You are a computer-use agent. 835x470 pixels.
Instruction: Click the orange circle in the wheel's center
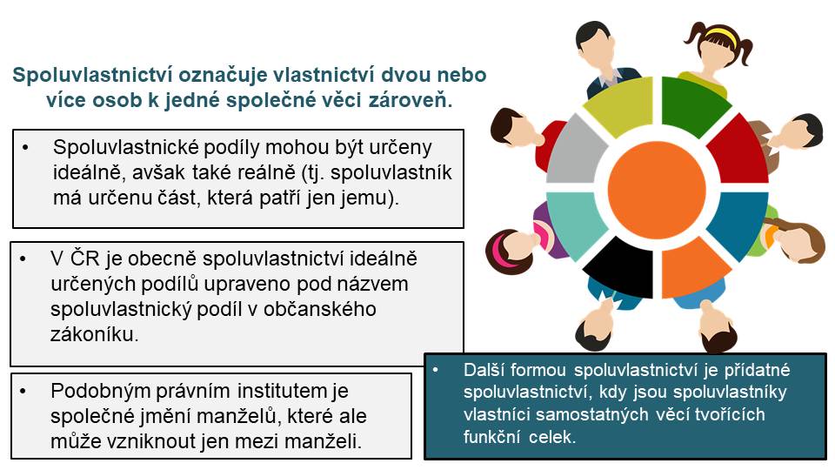(657, 190)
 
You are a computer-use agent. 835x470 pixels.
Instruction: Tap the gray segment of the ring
(575, 151)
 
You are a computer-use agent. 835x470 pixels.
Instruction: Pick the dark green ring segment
(690, 105)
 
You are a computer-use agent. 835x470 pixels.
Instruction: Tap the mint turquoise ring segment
(575, 225)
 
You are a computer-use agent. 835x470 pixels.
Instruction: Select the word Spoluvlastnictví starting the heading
(91, 74)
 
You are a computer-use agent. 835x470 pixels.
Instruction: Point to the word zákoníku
(94, 334)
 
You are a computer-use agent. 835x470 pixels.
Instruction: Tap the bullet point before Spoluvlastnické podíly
(26, 146)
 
